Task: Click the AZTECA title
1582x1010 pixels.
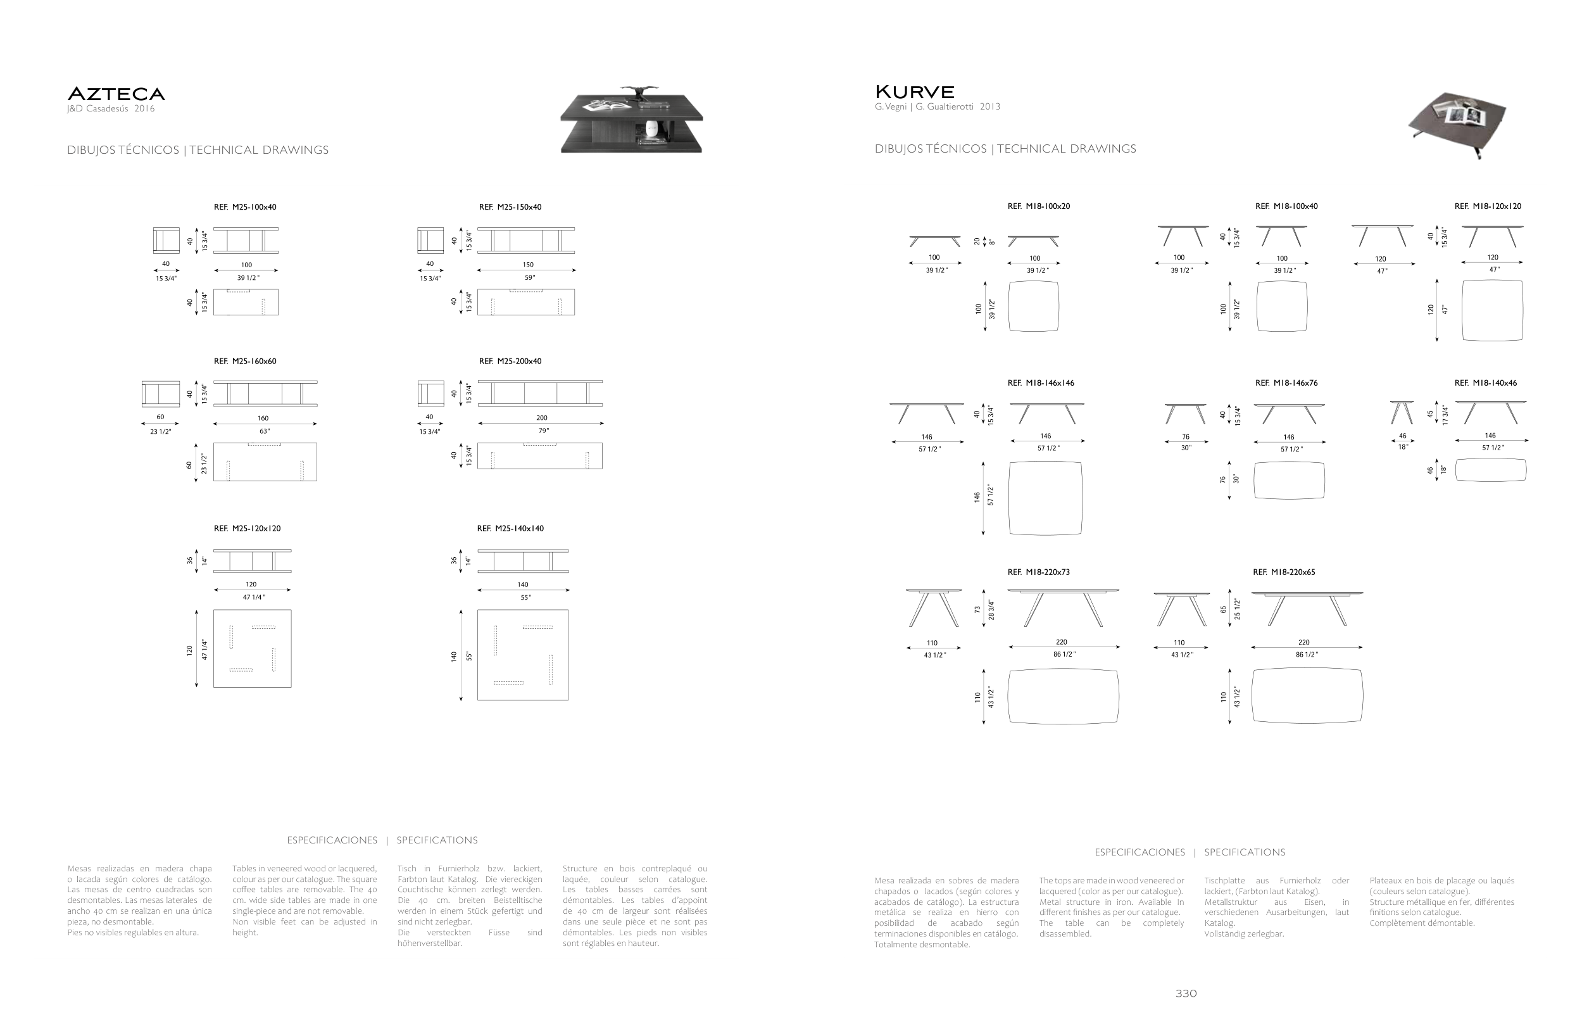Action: click(x=116, y=94)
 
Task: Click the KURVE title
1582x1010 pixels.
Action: click(x=915, y=91)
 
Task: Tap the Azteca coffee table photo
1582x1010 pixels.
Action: click(x=631, y=120)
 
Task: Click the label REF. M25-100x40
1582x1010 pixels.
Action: click(x=245, y=207)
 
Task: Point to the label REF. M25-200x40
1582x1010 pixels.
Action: click(x=510, y=362)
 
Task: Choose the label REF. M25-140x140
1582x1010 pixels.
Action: click(x=510, y=528)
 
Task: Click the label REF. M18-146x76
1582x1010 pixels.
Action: click(x=1286, y=383)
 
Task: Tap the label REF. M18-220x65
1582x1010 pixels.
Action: click(x=1284, y=572)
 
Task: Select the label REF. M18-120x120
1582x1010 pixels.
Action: click(x=1488, y=206)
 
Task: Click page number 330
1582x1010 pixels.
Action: click(x=1186, y=994)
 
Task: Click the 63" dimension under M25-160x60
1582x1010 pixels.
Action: click(x=265, y=431)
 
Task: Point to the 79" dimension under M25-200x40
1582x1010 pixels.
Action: click(x=543, y=431)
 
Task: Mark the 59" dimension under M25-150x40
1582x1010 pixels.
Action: click(x=529, y=278)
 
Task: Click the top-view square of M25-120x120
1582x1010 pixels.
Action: click(x=253, y=648)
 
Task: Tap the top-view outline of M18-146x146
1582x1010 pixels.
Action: click(x=1045, y=498)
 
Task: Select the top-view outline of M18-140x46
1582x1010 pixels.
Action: click(x=1490, y=470)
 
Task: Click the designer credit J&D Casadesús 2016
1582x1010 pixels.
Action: click(x=111, y=109)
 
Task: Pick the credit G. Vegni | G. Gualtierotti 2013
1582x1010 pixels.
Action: click(x=937, y=106)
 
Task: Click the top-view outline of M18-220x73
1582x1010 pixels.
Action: click(x=1062, y=697)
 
